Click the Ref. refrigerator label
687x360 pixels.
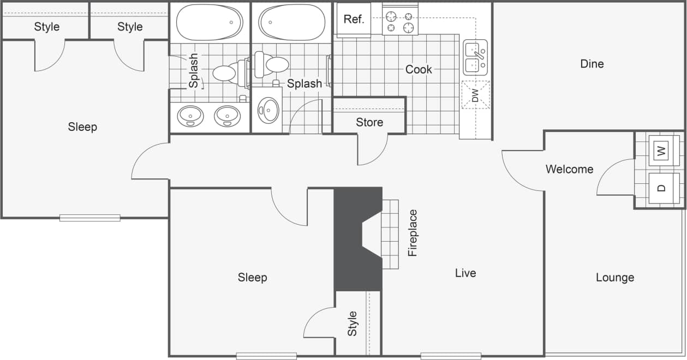(354, 20)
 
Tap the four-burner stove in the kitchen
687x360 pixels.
(399, 20)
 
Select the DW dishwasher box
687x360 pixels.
(475, 95)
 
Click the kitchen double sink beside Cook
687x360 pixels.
(475, 58)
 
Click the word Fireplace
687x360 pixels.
(413, 233)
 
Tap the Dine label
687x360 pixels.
(592, 64)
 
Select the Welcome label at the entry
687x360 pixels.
(569, 169)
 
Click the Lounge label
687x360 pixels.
(614, 277)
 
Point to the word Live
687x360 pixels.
(465, 273)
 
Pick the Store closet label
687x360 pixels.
(369, 122)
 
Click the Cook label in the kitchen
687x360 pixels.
(419, 69)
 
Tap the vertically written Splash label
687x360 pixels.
(194, 70)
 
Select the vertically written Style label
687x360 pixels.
(353, 323)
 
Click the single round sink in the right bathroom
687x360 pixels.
(268, 110)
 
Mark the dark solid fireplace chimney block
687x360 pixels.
(349, 240)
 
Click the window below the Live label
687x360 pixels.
(450, 356)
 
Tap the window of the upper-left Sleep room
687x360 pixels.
(89, 218)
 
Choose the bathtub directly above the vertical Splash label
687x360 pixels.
(210, 22)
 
